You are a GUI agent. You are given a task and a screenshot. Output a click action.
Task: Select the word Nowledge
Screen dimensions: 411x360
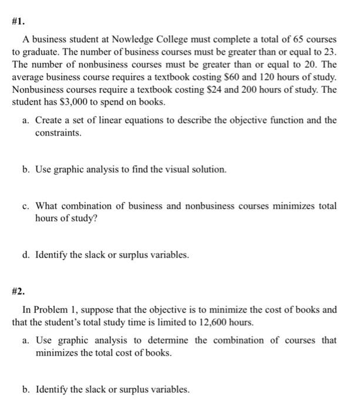pyautogui.click(x=136, y=39)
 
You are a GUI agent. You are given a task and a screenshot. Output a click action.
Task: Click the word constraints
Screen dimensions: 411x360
pyautogui.click(x=58, y=133)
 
